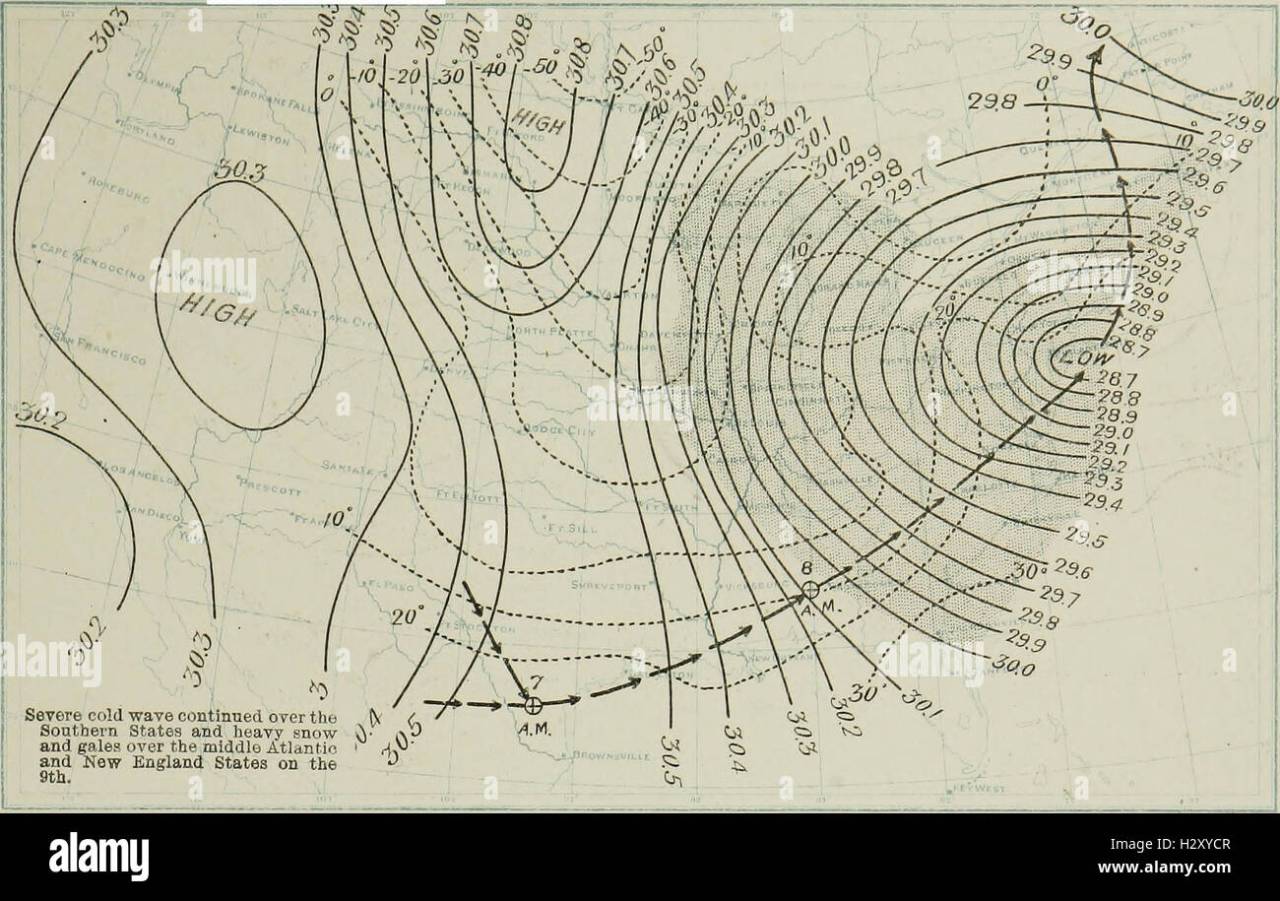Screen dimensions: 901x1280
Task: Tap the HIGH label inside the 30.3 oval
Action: [220, 313]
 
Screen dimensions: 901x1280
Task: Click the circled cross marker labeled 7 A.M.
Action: [533, 705]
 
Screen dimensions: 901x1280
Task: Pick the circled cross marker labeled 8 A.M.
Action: [809, 589]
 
